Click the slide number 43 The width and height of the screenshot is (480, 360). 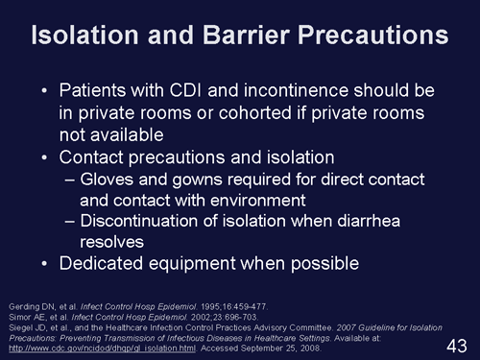[457, 343]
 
